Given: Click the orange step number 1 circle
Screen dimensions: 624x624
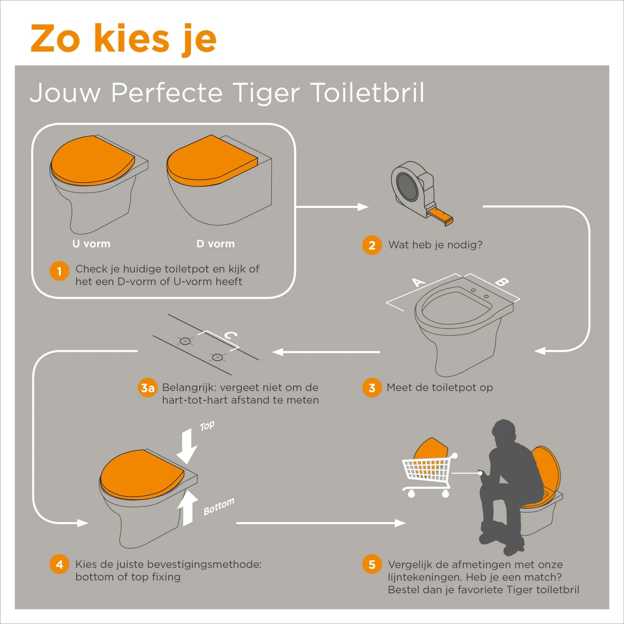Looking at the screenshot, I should click(x=59, y=271).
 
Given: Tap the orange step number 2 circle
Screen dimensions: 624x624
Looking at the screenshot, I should click(x=372, y=245).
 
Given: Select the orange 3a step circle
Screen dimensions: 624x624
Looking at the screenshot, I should click(x=147, y=388).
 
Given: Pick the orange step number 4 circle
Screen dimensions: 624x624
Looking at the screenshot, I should click(x=59, y=565).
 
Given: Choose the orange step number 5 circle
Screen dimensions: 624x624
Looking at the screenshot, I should click(x=372, y=565).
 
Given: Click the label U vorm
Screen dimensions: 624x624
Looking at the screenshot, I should click(x=92, y=244).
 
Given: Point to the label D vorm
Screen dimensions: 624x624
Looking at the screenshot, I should click(x=215, y=244).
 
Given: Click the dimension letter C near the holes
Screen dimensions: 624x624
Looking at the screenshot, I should click(x=230, y=335).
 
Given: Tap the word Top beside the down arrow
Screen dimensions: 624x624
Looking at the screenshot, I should click(x=207, y=426).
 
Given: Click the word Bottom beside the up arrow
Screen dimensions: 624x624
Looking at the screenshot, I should click(x=219, y=506).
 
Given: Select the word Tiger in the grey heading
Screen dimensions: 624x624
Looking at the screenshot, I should click(x=266, y=93).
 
